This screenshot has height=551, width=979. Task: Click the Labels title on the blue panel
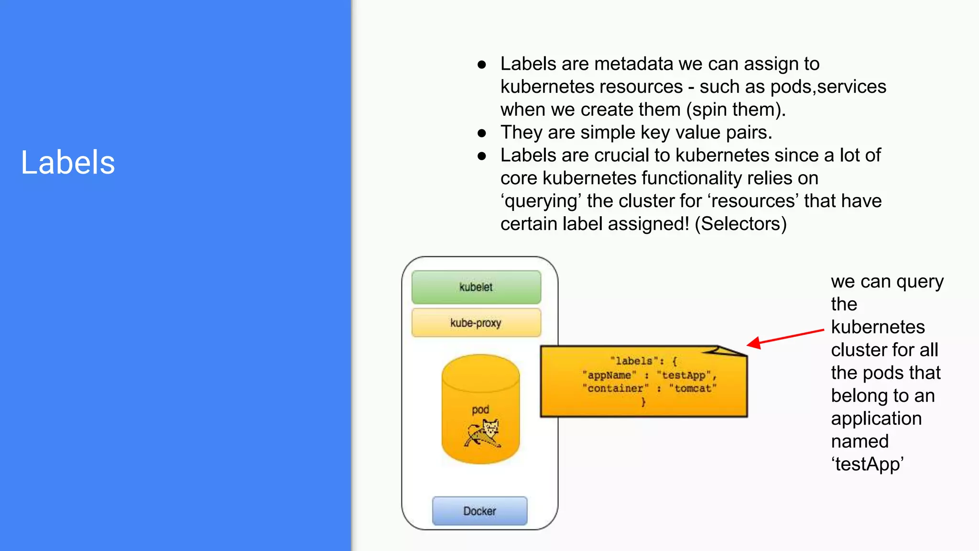(x=68, y=163)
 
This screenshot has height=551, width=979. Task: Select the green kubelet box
(x=476, y=287)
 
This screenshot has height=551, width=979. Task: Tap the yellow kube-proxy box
(x=476, y=323)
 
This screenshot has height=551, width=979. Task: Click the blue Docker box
(x=479, y=511)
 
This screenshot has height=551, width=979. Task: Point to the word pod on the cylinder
(x=480, y=409)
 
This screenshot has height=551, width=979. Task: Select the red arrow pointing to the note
(x=785, y=337)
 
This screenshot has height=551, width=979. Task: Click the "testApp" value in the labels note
(x=684, y=375)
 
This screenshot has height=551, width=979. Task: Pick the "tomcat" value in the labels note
(x=693, y=388)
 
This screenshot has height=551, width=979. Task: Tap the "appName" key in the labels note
(x=609, y=375)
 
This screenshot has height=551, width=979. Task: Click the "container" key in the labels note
(x=616, y=388)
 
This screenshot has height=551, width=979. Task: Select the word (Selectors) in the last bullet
(x=740, y=224)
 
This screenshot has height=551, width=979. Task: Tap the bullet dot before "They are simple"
(x=482, y=133)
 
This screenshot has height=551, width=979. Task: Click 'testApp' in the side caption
(x=867, y=464)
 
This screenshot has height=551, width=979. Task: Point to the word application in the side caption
(x=876, y=419)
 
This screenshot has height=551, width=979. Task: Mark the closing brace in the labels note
(x=643, y=402)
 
